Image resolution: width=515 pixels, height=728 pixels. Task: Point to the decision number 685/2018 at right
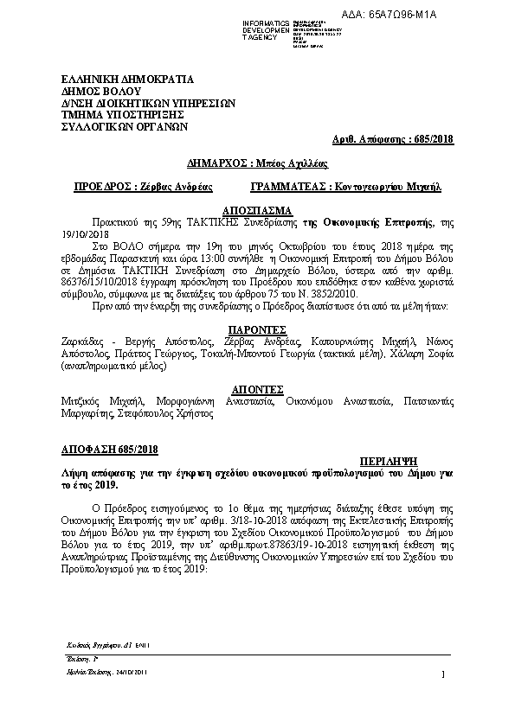(x=440, y=138)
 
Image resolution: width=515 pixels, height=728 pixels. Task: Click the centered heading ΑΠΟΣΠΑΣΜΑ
(x=257, y=210)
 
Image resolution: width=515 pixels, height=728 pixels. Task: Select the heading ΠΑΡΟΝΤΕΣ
(x=257, y=330)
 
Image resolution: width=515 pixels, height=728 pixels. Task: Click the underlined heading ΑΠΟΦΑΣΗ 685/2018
(x=98, y=449)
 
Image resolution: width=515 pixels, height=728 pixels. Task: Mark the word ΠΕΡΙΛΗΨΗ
(x=385, y=461)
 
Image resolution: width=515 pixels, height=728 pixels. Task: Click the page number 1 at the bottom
(x=441, y=674)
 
